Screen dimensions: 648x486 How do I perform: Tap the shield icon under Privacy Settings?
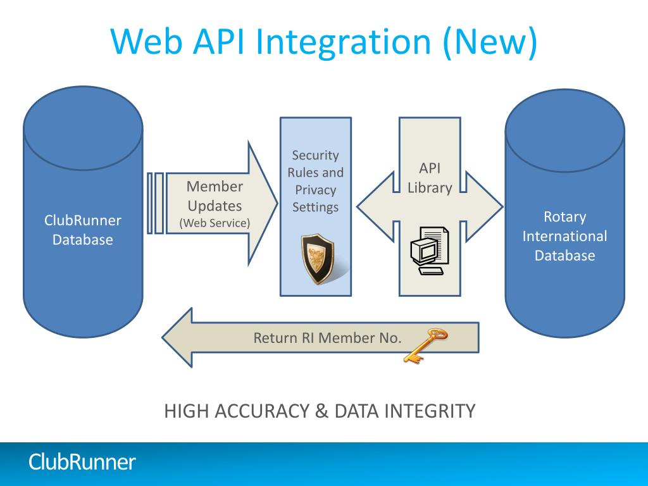318,259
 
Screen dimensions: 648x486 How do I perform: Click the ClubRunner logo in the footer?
82,461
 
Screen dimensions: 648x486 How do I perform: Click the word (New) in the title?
490,42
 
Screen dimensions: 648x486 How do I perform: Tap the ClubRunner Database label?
83,230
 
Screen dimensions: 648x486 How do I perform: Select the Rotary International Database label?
564,236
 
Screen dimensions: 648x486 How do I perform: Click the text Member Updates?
215,196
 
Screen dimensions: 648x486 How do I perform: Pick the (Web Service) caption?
215,223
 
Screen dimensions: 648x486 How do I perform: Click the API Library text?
430,178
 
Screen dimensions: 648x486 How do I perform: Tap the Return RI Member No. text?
327,338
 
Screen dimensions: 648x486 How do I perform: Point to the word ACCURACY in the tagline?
262,411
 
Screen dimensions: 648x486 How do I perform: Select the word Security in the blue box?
315,155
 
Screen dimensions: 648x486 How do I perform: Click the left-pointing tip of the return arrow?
163,337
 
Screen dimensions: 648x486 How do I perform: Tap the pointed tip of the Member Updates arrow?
277,203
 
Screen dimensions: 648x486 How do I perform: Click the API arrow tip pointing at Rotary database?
502,206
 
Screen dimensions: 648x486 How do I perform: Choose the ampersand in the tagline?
321,411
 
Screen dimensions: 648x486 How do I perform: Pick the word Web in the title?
147,42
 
